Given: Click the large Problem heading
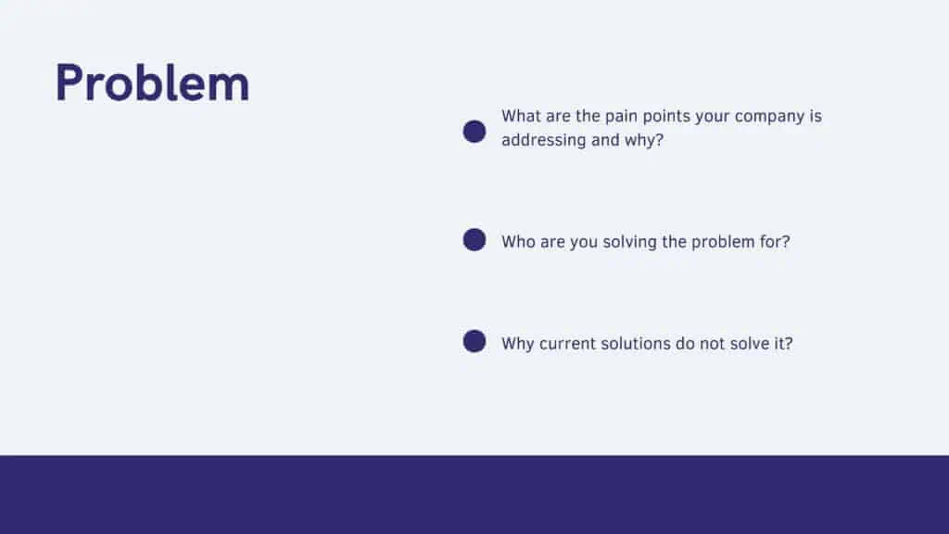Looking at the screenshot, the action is pyautogui.click(x=152, y=83).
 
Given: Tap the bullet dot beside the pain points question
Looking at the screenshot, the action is pyautogui.click(x=474, y=132).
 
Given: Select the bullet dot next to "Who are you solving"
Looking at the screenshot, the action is pyautogui.click(x=474, y=240).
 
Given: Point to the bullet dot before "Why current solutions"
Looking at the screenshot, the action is pyautogui.click(x=474, y=341).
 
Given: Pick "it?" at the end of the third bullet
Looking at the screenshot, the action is pyautogui.click(x=783, y=343).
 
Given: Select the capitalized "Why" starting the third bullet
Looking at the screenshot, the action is pyautogui.click(x=518, y=344).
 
